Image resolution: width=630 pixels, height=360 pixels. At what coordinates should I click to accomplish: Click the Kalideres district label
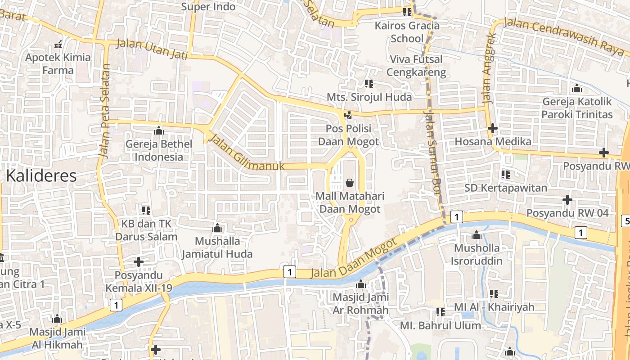pyautogui.click(x=41, y=175)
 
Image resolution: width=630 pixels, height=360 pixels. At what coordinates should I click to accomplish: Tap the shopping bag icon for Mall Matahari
pyautogui.click(x=350, y=183)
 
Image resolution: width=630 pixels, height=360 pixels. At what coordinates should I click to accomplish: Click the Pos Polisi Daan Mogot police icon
pyautogui.click(x=348, y=116)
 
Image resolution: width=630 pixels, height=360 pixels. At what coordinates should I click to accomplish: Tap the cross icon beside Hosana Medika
pyautogui.click(x=493, y=128)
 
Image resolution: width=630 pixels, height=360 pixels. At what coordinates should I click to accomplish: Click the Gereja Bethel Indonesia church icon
pyautogui.click(x=158, y=131)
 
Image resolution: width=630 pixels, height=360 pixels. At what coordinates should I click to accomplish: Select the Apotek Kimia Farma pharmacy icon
pyautogui.click(x=58, y=44)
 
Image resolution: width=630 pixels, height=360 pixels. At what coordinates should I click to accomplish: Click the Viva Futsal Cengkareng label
pyautogui.click(x=416, y=66)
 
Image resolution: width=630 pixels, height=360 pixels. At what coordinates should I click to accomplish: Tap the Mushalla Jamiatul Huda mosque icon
pyautogui.click(x=218, y=228)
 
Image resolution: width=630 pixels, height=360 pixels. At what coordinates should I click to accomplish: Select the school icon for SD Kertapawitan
pyautogui.click(x=506, y=174)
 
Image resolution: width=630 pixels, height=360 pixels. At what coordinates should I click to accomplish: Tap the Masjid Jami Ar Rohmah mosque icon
pyautogui.click(x=360, y=284)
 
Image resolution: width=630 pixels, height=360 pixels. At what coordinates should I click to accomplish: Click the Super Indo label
pyautogui.click(x=208, y=7)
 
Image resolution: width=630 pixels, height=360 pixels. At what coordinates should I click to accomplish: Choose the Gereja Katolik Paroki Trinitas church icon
pyautogui.click(x=577, y=89)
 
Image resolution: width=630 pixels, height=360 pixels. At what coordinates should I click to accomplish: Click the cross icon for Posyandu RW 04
pyautogui.click(x=567, y=199)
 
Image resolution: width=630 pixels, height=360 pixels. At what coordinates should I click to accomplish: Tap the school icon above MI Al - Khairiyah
pyautogui.click(x=494, y=294)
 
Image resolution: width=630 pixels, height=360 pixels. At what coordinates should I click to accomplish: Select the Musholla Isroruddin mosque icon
pyautogui.click(x=477, y=235)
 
